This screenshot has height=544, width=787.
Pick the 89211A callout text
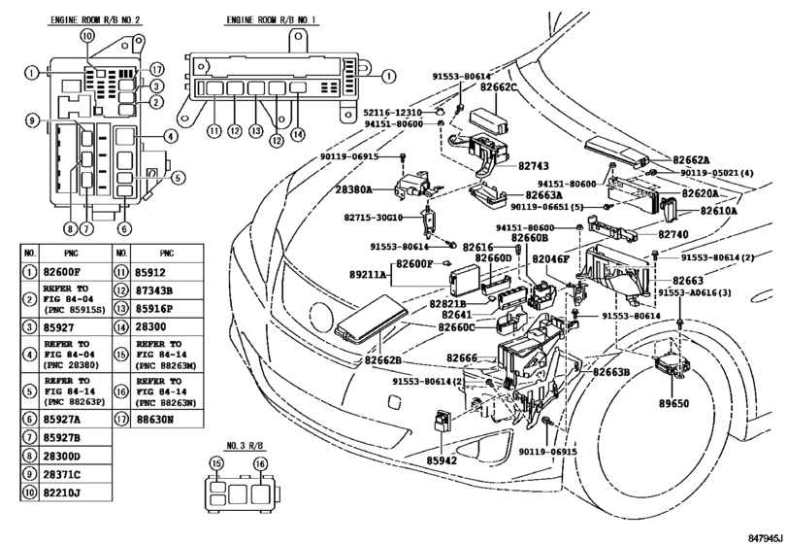point(371,276)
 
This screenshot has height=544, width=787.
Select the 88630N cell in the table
point(156,420)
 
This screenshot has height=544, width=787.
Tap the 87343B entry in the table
point(156,290)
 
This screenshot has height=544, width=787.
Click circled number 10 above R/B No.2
point(87,35)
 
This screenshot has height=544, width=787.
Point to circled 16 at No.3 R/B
point(259,465)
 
